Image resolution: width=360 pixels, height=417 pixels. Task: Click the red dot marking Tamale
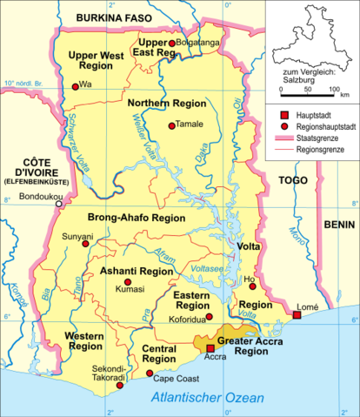point(171,125)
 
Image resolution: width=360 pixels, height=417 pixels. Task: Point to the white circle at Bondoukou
point(60,206)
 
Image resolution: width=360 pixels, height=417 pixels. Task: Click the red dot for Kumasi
point(128,283)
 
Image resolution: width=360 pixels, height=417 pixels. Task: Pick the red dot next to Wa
point(75,84)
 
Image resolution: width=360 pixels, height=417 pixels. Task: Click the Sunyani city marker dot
point(84,244)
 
